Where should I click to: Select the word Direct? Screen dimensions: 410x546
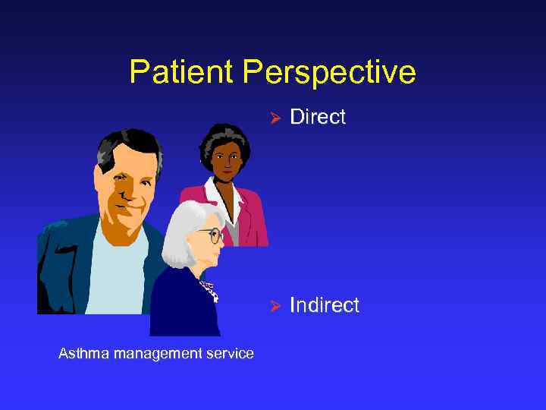(x=318, y=117)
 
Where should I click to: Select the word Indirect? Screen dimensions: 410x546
(x=325, y=305)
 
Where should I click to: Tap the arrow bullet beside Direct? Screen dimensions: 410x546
(x=277, y=118)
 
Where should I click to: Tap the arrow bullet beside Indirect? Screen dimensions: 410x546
(x=277, y=306)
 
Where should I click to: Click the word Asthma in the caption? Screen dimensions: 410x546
(x=81, y=353)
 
